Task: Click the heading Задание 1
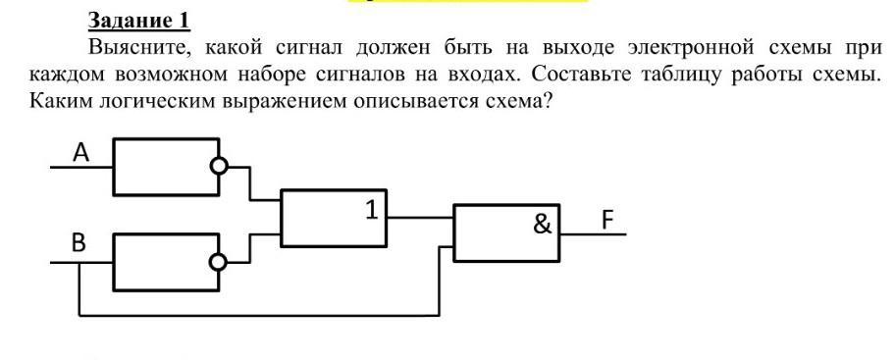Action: pyautogui.click(x=138, y=22)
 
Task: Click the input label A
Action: pyautogui.click(x=81, y=152)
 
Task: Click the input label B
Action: pyautogui.click(x=79, y=244)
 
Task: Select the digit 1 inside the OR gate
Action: pyautogui.click(x=372, y=211)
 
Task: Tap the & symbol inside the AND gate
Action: pyautogui.click(x=543, y=225)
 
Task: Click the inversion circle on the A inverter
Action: pyautogui.click(x=219, y=167)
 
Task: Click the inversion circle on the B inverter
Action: pyautogui.click(x=219, y=262)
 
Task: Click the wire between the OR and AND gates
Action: pyautogui.click(x=421, y=218)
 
